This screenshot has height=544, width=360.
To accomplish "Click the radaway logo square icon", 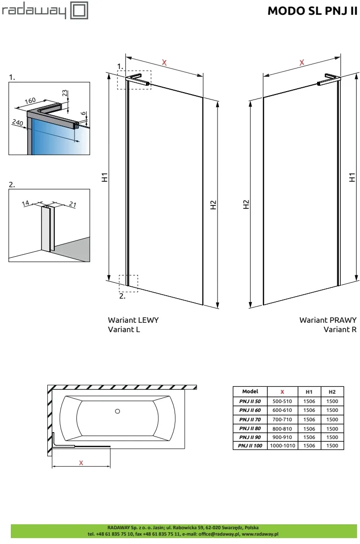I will click(79, 11).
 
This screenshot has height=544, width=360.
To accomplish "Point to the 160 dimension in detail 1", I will click(30, 101).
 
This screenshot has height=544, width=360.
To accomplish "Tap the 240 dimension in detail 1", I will click(18, 123).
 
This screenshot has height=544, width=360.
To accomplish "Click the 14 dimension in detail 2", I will click(26, 202).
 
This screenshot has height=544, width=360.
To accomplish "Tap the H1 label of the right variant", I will click(352, 177).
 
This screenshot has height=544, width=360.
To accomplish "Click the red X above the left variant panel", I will click(165, 63).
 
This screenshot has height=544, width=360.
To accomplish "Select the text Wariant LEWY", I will click(133, 320).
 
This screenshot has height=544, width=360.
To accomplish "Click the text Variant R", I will click(340, 329).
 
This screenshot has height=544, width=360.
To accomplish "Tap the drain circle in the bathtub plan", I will click(117, 411).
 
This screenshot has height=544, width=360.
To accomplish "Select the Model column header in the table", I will click(251, 392).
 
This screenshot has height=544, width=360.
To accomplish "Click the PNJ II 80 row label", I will click(251, 428).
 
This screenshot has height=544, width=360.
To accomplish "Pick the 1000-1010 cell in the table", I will click(283, 446).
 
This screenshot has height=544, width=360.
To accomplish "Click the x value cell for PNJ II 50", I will click(283, 401).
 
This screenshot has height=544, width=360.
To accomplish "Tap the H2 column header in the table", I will click(332, 392).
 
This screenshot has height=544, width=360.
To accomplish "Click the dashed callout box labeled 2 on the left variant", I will click(128, 283).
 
